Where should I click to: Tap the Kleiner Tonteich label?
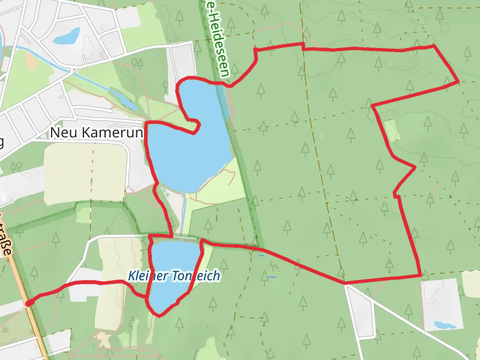174,276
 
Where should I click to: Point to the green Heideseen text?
217,40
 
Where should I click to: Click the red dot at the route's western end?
28,304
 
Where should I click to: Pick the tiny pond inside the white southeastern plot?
445,325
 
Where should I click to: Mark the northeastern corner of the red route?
458,81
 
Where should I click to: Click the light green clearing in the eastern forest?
392,130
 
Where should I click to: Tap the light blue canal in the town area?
90,78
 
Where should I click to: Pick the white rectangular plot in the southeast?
443,304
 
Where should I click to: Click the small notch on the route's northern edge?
302,46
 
